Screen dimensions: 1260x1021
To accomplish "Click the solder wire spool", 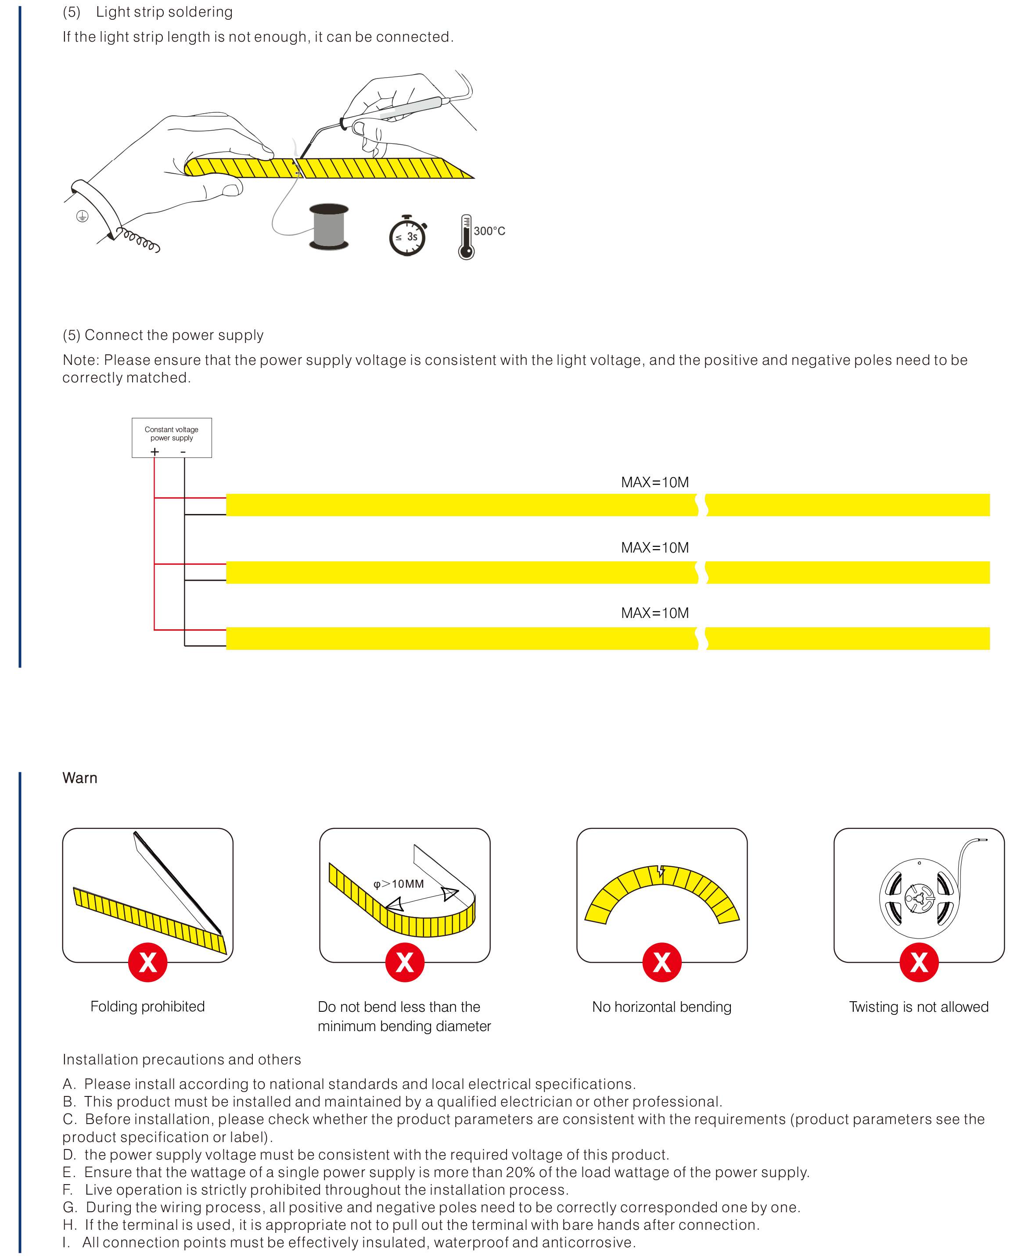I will (x=329, y=228).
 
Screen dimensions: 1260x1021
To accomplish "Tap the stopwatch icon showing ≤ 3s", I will (x=407, y=236).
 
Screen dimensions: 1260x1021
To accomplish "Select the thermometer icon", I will (x=466, y=237).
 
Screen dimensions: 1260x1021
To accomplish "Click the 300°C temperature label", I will (x=489, y=231).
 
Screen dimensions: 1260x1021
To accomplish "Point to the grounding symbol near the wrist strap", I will (x=83, y=216).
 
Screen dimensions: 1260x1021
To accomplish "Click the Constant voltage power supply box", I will (x=172, y=437).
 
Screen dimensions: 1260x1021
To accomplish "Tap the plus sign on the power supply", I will (x=155, y=451).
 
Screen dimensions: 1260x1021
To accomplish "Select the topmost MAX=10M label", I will (x=654, y=482).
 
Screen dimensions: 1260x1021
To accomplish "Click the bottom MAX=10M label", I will (x=654, y=613).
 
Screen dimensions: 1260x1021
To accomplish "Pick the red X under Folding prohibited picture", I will (x=147, y=963).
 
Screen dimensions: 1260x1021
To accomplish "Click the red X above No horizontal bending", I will (x=661, y=963).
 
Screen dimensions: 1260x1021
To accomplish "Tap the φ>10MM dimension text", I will (x=399, y=884).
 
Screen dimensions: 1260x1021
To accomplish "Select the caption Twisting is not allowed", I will (x=919, y=1007).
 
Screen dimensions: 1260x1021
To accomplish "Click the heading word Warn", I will (x=80, y=778).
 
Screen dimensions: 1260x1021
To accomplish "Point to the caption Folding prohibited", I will (x=147, y=1006).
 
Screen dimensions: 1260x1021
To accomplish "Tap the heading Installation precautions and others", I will (x=182, y=1059).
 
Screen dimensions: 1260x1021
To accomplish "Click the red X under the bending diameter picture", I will (x=405, y=963).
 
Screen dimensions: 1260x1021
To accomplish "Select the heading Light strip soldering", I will (x=164, y=12).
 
